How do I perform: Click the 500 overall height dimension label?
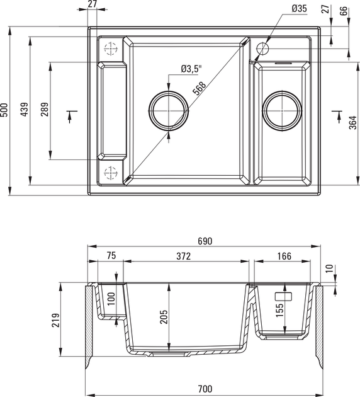pos(4,110)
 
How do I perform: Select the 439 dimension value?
pos(25,110)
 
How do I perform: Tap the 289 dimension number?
pos(45,110)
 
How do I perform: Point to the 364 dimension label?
pos(353,122)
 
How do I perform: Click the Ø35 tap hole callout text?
pos(299,9)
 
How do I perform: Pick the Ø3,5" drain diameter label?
pos(191,69)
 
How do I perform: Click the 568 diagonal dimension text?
pos(200,88)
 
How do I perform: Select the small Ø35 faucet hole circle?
pos(262,49)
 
